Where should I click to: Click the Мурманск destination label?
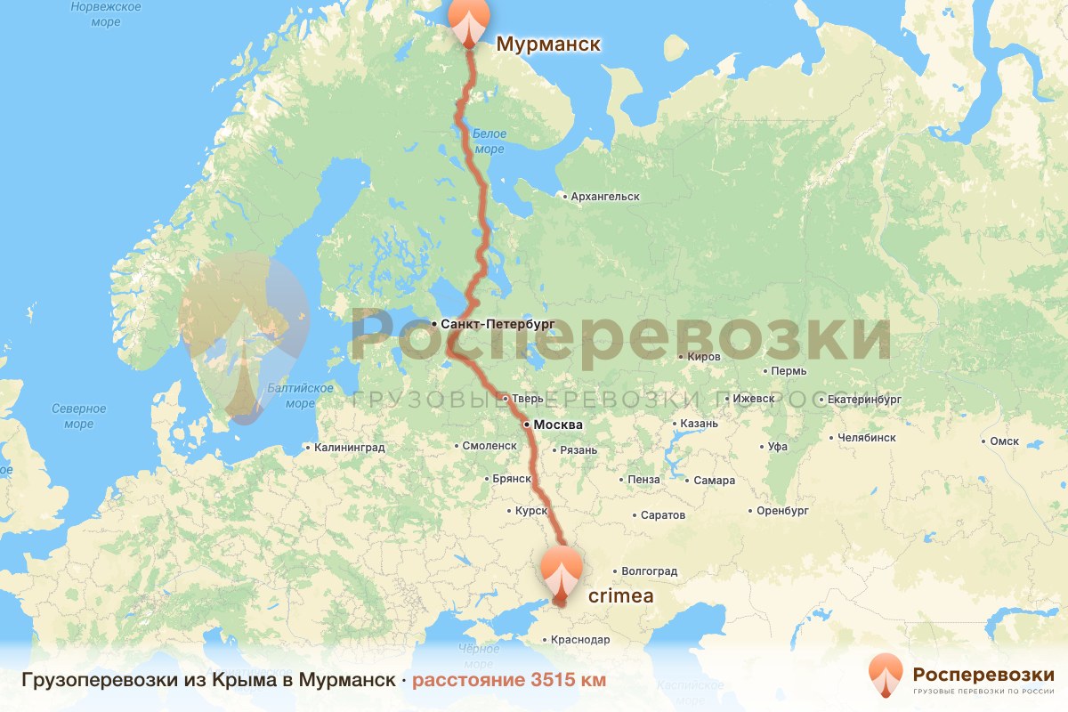coord(548,44)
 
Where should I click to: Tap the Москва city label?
coord(558,425)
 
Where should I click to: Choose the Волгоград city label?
coord(649,571)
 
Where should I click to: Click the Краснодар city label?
coord(580,640)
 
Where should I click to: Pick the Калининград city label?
coord(349,448)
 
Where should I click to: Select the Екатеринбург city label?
coord(864,400)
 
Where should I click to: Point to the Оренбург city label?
coord(782,512)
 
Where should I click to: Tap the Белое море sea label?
coord(489,141)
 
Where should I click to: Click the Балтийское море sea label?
coord(300,395)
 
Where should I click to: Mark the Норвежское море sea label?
coord(106,14)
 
